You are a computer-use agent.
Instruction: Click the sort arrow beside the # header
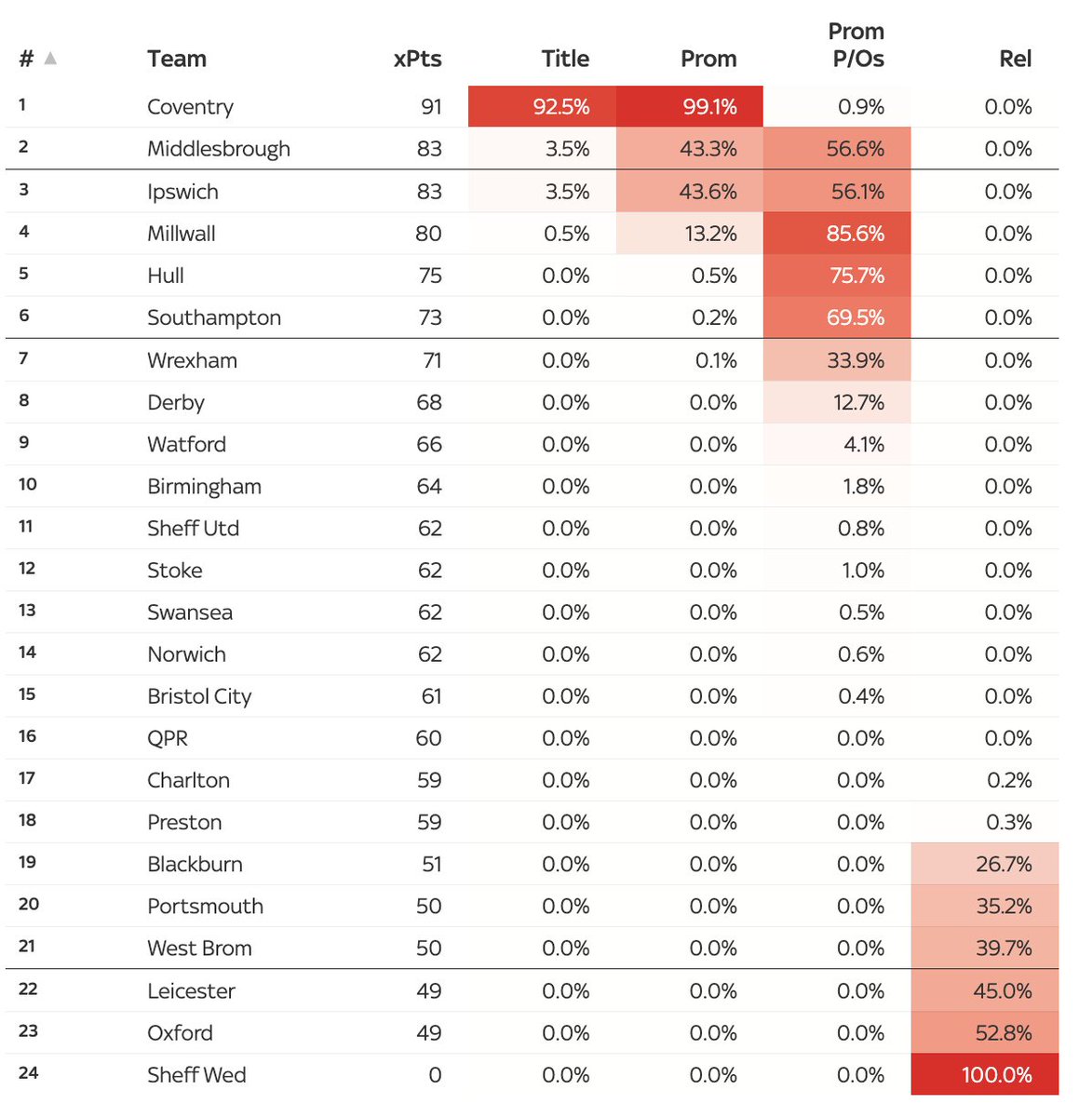tap(50, 59)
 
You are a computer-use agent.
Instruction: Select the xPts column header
tap(417, 59)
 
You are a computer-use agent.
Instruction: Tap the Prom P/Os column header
tap(857, 46)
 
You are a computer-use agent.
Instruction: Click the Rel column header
tap(1015, 59)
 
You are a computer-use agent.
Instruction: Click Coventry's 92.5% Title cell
tap(560, 107)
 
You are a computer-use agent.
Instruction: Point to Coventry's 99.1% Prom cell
tap(709, 107)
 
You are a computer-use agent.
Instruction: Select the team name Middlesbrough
tap(219, 149)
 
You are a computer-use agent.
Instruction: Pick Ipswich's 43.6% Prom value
tap(708, 192)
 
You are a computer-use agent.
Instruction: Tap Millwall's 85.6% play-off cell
tap(855, 234)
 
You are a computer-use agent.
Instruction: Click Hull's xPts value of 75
tap(429, 276)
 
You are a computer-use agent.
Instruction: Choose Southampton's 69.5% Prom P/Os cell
tap(855, 317)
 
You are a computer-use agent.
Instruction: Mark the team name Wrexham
tap(192, 360)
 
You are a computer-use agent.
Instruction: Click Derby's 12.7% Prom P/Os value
tap(855, 402)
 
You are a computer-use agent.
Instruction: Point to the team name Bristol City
tap(199, 696)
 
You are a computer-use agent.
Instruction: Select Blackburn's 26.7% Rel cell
tap(1004, 864)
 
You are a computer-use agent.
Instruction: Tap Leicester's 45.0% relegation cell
tap(1002, 991)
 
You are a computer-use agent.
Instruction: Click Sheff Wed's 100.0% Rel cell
tap(996, 1075)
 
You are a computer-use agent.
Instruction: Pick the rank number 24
tap(29, 1073)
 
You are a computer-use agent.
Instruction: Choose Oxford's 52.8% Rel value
tap(1002, 1033)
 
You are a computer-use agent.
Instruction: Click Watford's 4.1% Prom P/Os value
tap(863, 444)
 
